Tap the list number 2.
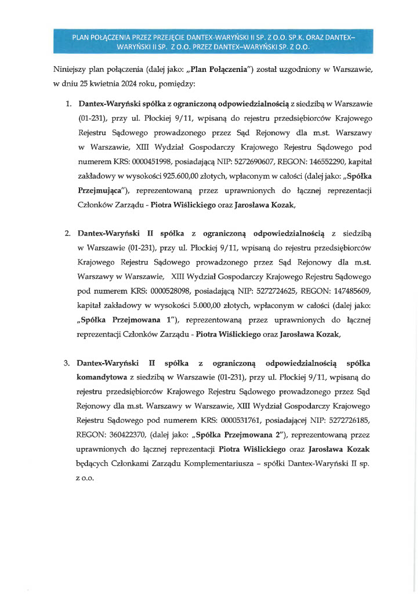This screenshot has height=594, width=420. [x=67, y=233]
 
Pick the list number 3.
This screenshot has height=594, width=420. [x=67, y=363]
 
